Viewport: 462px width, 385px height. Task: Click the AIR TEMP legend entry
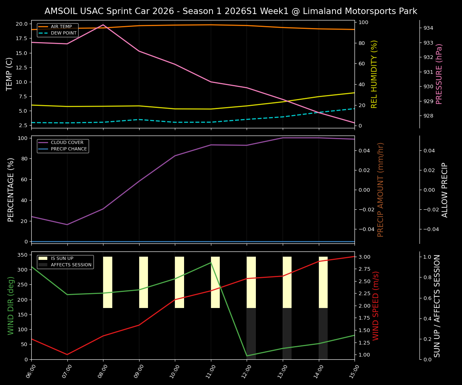(61, 26)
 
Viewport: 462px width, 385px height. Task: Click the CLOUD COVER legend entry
(67, 142)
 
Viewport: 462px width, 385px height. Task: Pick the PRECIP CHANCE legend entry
(69, 149)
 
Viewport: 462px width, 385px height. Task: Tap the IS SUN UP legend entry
(62, 258)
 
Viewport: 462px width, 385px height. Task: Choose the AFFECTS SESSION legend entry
(71, 265)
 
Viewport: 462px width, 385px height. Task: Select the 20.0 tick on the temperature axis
(21, 24)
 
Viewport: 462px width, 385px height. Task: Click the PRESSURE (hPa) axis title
(440, 74)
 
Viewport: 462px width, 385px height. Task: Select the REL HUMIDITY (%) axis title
(375, 74)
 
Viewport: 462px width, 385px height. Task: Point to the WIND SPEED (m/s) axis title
(376, 306)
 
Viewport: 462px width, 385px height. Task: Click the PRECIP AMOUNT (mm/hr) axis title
(381, 189)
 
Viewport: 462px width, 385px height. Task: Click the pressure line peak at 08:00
(103, 25)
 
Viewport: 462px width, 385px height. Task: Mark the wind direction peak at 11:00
(211, 262)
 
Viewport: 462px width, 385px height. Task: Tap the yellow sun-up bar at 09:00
(144, 282)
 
